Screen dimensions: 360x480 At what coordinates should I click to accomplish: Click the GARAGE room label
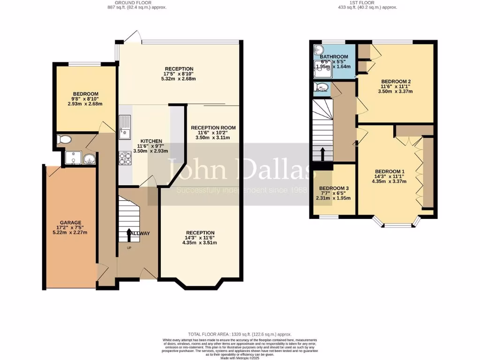[x=70, y=223]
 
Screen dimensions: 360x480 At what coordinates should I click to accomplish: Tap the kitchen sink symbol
[x=125, y=127]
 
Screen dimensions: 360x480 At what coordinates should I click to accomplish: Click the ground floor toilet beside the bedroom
[x=63, y=139]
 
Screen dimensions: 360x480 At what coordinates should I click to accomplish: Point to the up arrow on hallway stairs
[x=129, y=233]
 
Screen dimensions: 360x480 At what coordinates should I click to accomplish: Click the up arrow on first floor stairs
[x=322, y=154]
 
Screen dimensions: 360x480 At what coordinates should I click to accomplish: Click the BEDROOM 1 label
[x=388, y=171]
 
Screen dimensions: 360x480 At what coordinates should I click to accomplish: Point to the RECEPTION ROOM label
[x=213, y=127]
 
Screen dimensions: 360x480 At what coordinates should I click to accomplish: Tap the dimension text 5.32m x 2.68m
[x=178, y=79]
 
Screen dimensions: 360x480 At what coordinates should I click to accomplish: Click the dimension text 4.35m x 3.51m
[x=200, y=242]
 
